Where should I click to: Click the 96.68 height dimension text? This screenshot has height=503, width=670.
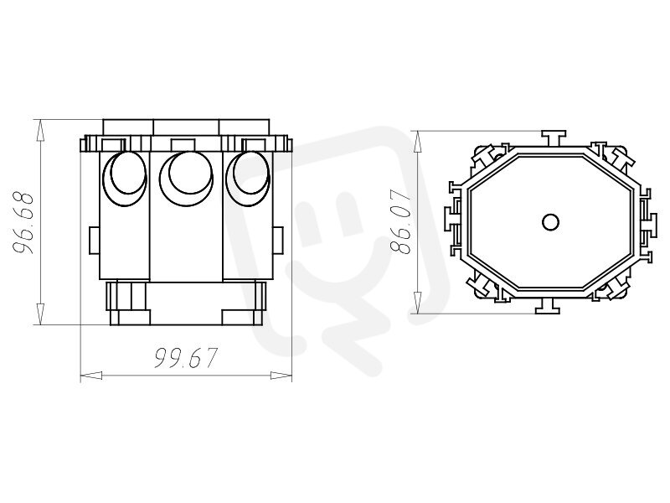(23, 222)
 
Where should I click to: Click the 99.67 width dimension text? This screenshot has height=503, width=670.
(186, 358)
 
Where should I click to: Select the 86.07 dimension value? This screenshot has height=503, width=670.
(401, 222)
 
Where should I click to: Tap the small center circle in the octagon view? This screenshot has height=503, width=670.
(550, 222)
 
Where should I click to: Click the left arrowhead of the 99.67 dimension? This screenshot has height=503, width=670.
(91, 376)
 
